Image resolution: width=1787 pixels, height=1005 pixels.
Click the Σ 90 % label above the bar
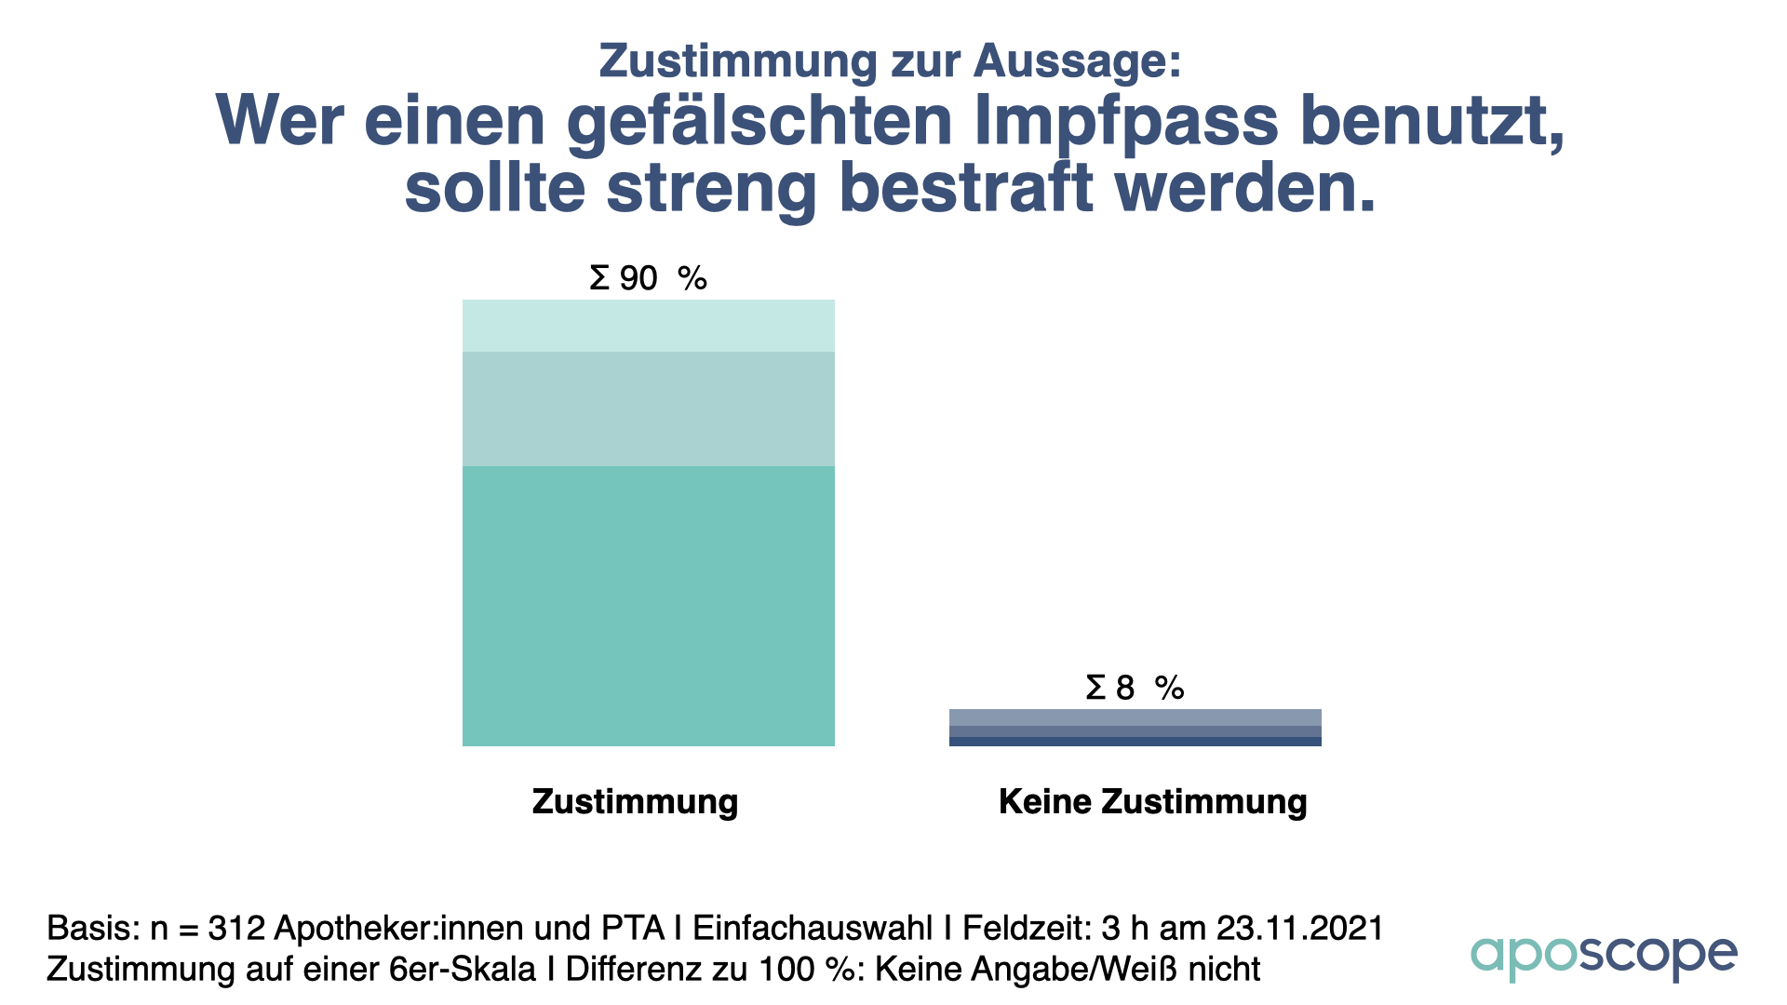click(x=648, y=278)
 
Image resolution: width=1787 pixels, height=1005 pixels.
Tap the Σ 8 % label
click(x=1134, y=688)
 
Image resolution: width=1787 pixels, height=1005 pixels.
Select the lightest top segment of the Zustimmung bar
click(x=649, y=326)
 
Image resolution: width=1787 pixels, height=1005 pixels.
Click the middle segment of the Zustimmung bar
click(x=649, y=409)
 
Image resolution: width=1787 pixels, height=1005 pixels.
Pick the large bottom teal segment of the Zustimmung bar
click(x=649, y=606)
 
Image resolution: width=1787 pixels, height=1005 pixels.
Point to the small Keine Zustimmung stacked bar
click(x=1135, y=728)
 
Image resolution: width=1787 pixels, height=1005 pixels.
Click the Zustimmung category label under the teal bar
click(x=635, y=801)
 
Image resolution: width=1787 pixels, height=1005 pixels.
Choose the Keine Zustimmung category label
click(x=1152, y=801)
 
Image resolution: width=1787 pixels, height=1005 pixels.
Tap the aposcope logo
click(x=1603, y=956)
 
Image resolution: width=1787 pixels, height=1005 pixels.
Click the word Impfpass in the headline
click(x=1127, y=122)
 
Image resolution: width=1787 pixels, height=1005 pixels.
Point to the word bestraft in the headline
click(x=966, y=188)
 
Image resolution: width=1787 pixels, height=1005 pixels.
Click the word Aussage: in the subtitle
click(x=1078, y=61)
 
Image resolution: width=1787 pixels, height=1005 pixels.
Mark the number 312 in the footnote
click(x=237, y=929)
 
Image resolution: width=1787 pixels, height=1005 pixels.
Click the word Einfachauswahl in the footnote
click(x=813, y=929)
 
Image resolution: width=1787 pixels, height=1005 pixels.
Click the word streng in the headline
click(x=712, y=188)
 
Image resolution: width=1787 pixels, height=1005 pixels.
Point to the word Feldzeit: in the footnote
click(x=1027, y=929)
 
